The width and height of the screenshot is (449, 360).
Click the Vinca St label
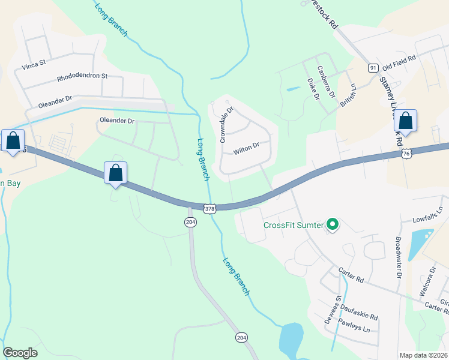34,63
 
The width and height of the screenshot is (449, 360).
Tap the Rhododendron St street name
82,76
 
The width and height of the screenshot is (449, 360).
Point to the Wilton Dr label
246,145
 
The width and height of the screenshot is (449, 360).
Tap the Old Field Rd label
399,61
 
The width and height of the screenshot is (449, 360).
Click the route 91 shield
373,68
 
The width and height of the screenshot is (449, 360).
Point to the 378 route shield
209,209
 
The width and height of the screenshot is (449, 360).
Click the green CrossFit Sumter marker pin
333,226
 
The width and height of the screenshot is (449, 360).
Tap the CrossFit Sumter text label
292,226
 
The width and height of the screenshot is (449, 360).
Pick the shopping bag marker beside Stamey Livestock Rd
406,121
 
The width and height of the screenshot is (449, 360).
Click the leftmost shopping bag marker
13,142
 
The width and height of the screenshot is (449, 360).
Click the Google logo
20,352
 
